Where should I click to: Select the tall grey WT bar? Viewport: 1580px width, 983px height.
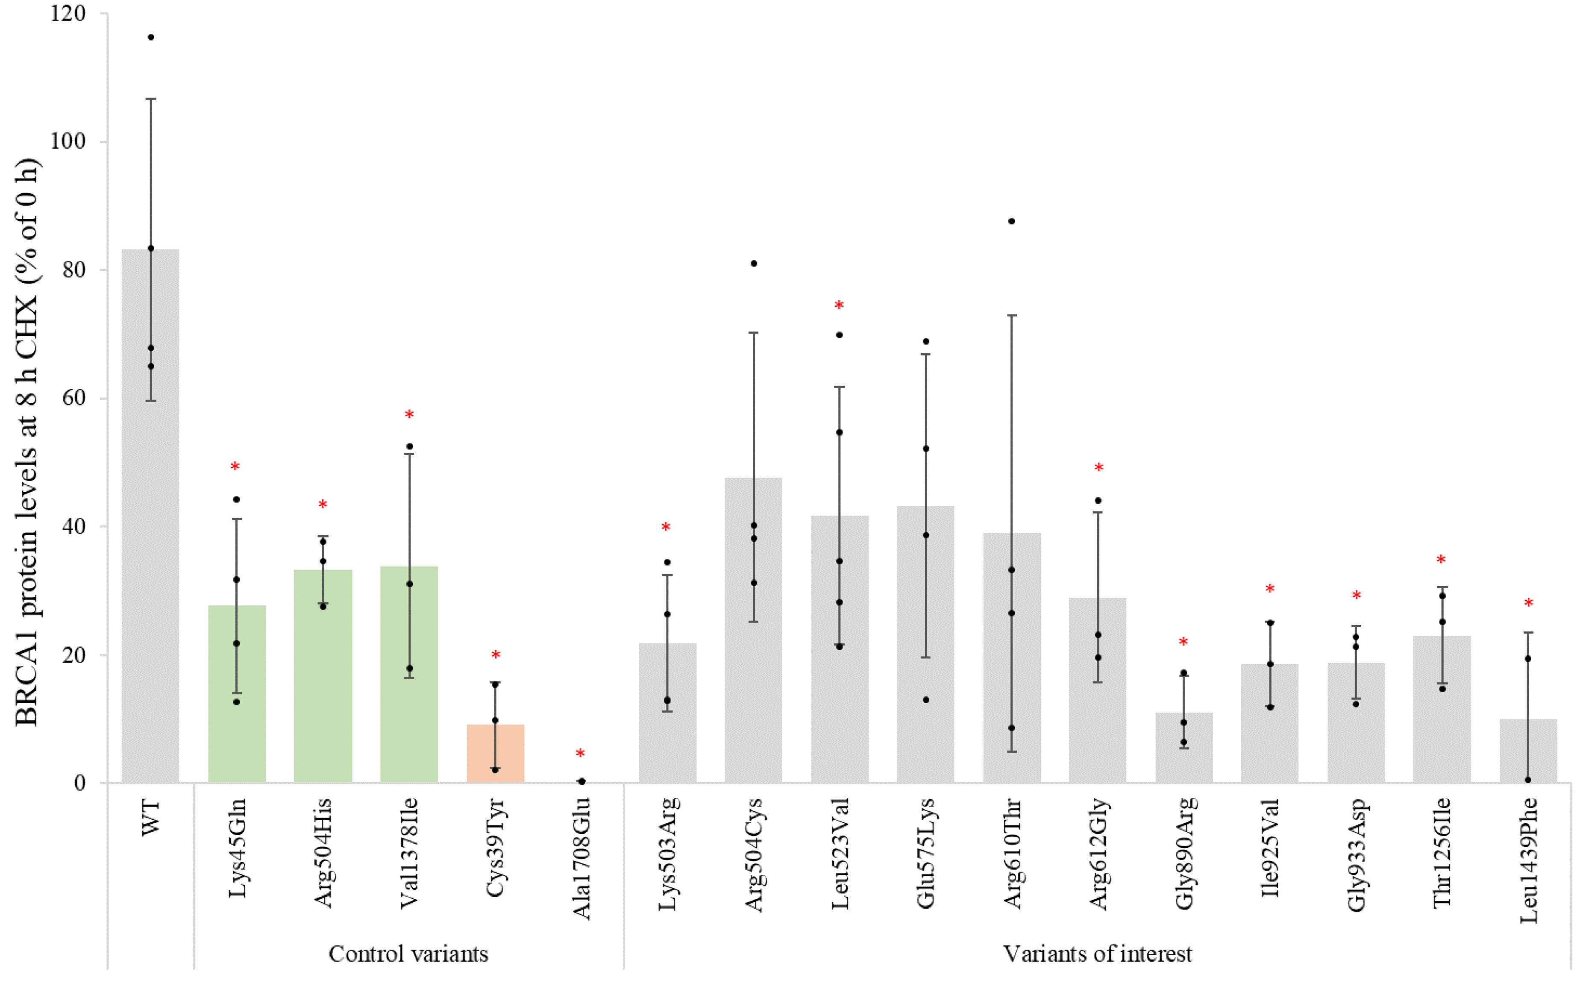coord(150,520)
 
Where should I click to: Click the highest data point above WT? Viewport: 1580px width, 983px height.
coord(151,37)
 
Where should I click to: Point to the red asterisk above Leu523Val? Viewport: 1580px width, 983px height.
coord(839,305)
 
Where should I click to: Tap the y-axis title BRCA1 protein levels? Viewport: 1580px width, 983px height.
coord(27,442)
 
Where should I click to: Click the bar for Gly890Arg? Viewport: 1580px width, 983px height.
coord(1184,748)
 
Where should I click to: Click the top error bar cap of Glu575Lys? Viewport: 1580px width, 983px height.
coord(925,354)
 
